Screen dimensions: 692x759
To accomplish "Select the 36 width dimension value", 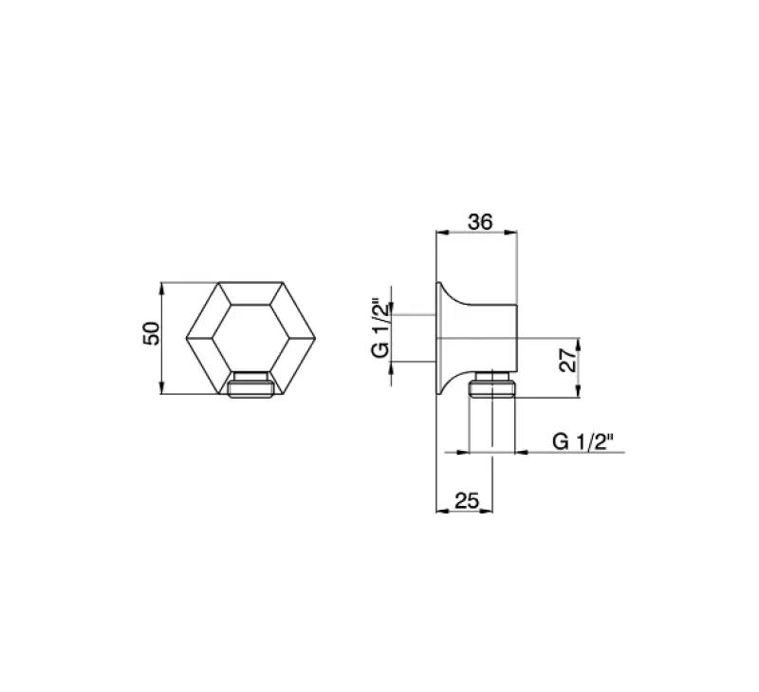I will [x=481, y=221].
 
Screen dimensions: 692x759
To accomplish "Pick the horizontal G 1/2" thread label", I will [x=583, y=441].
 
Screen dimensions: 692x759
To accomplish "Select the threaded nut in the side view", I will [x=493, y=385].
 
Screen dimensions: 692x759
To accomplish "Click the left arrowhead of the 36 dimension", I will [x=439, y=232].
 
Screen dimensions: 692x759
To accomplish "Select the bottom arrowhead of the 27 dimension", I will [x=575, y=395].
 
